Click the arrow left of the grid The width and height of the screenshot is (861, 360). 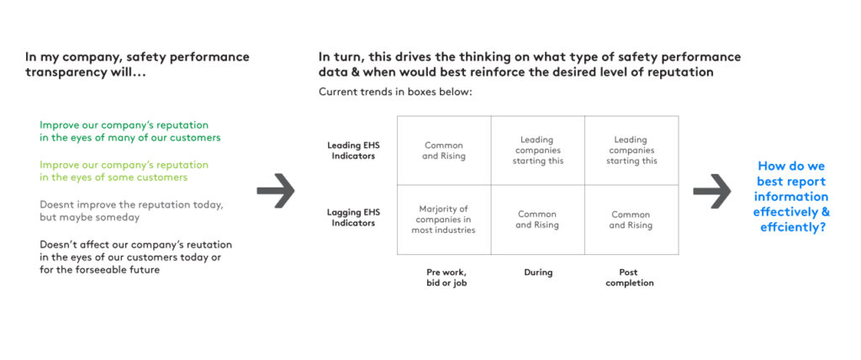pos(276,191)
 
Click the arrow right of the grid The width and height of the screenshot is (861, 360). pos(711,191)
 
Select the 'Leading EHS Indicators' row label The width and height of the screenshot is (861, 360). pos(354,151)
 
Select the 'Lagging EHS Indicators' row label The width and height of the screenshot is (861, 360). pos(353,218)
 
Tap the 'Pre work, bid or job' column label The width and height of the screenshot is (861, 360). pos(446,278)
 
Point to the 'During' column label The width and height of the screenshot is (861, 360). pos(538,273)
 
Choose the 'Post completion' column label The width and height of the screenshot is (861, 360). pos(629,278)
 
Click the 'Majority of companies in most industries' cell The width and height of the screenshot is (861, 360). pos(444,220)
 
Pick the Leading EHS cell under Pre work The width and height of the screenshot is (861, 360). pos(444,151)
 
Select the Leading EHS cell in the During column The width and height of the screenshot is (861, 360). pos(538,151)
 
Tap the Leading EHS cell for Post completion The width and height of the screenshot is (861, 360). pos(631,151)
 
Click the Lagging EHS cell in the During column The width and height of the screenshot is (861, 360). pos(538,220)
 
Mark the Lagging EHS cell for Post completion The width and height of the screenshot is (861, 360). pos(631,220)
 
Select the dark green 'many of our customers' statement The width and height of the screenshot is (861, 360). pos(130,131)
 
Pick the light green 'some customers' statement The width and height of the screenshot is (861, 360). pos(124,171)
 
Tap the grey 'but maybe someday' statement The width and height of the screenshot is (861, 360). pos(132,210)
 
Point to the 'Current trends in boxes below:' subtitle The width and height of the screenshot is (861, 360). pos(395,92)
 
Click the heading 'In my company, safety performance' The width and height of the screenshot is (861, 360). pos(137,57)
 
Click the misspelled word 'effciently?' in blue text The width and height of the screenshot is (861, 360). pos(793,227)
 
